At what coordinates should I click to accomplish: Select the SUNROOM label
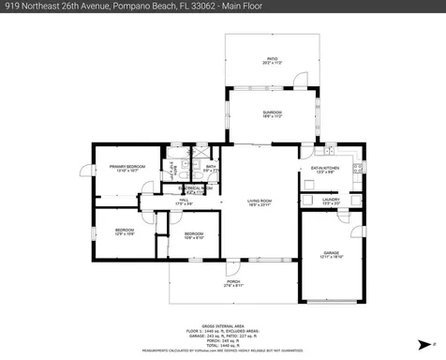click(272, 114)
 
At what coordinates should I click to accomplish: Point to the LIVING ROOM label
click(260, 202)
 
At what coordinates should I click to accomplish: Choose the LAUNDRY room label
click(330, 200)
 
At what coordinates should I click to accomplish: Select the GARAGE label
click(332, 254)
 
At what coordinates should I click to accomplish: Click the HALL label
click(184, 201)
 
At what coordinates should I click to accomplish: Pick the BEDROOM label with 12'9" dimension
click(124, 231)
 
